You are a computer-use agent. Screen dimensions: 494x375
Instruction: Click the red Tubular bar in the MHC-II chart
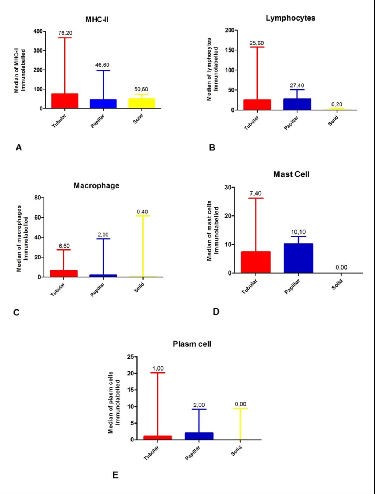[64, 101]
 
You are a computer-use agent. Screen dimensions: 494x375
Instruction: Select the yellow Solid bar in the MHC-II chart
[142, 103]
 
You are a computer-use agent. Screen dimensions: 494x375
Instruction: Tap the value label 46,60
[102, 65]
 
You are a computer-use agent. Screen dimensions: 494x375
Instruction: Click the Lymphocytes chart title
[290, 18]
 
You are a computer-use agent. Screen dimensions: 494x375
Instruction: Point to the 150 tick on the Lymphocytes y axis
[230, 50]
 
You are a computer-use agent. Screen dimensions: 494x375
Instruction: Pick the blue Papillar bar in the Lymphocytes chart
[297, 104]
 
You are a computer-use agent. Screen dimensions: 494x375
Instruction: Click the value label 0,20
[337, 104]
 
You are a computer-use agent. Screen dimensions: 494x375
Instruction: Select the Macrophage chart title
[96, 185]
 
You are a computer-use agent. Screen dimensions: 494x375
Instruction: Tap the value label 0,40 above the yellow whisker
[142, 212]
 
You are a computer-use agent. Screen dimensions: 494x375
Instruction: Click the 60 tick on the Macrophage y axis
[37, 217]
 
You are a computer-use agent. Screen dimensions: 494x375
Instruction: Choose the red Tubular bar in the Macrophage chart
[64, 274]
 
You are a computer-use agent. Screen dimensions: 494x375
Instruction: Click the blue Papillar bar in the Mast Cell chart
[298, 258]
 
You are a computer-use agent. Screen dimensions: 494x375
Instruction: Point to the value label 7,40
[255, 193]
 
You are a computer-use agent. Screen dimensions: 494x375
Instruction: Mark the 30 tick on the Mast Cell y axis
[227, 187]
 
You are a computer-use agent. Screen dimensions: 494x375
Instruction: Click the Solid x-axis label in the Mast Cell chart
[337, 285]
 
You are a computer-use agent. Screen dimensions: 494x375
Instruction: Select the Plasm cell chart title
[192, 344]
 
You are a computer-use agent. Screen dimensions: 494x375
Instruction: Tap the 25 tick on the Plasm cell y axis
[130, 357]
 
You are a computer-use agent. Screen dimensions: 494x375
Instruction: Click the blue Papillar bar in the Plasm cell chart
[199, 436]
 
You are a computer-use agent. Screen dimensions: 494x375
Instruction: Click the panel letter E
[115, 475]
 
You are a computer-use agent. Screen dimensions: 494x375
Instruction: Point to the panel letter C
[16, 312]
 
